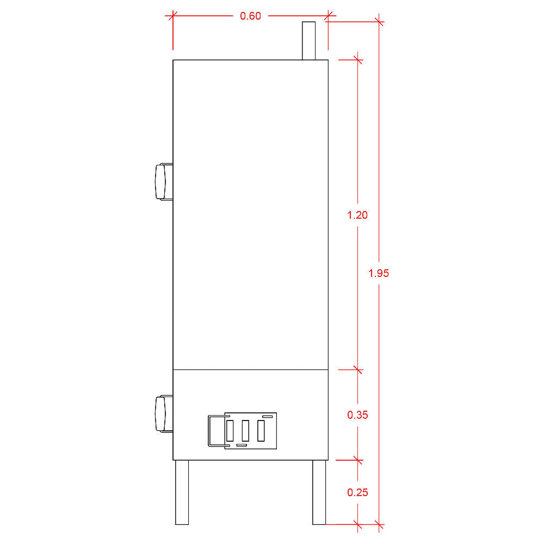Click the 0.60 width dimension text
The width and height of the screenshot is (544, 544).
(250, 16)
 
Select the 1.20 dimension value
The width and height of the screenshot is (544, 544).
(357, 215)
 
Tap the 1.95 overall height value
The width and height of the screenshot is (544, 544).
(379, 274)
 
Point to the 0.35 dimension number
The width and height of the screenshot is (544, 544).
(357, 415)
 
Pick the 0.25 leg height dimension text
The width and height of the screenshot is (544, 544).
(357, 492)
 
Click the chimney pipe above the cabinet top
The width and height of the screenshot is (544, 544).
(309, 41)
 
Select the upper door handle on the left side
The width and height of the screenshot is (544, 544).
(163, 182)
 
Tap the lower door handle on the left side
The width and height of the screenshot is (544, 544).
(163, 414)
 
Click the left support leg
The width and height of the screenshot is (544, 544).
(182, 492)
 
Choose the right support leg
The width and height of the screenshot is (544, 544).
(319, 492)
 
